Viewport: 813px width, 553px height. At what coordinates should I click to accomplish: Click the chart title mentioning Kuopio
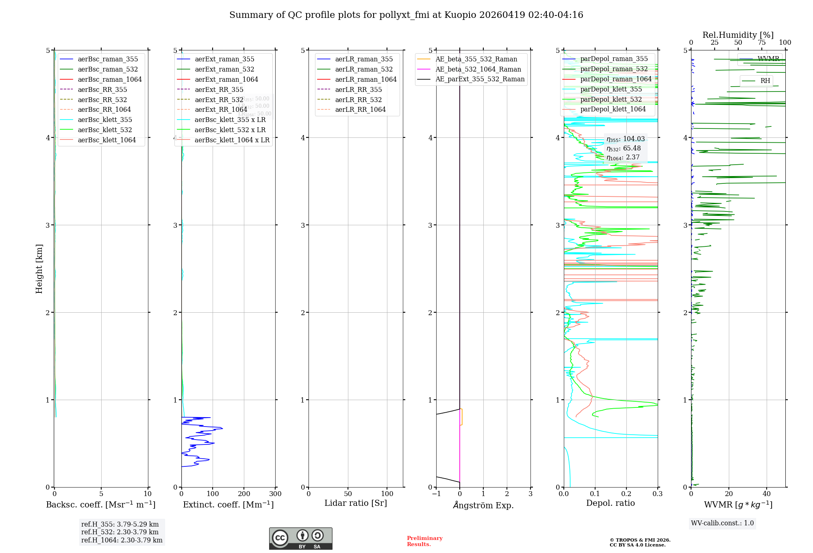point(406,15)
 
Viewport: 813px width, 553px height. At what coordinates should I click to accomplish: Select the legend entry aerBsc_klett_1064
point(107,140)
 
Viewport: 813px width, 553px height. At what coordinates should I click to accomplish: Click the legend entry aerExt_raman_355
point(224,59)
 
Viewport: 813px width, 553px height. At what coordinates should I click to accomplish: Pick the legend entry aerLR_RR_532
point(358,100)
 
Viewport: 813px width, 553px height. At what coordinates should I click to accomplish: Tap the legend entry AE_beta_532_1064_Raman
point(478,69)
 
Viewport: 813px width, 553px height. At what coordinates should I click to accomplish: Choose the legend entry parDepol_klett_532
point(611,99)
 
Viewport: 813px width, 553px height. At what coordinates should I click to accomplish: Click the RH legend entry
point(765,81)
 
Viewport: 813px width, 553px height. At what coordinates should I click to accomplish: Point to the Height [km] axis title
point(39,269)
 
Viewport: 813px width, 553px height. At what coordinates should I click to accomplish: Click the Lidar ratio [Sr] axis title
point(356,503)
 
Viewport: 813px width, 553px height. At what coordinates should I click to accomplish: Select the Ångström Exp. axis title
point(483,505)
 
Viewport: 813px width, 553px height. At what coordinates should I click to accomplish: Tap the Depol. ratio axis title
point(610,503)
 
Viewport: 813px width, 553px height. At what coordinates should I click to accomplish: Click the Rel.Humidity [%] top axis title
point(738,35)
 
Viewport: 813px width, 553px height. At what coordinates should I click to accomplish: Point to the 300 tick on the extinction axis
point(275,494)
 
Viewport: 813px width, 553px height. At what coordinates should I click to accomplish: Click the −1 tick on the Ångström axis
point(436,494)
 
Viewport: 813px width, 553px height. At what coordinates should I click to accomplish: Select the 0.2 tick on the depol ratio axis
point(626,494)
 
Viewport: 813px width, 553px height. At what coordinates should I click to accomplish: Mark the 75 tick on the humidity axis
point(761,43)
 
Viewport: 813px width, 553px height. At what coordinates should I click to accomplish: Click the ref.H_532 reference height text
point(120,532)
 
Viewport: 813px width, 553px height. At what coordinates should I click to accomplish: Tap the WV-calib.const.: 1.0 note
point(722,523)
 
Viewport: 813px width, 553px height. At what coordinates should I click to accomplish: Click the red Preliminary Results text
point(424,541)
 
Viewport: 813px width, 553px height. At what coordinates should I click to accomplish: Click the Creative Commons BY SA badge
point(300,539)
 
